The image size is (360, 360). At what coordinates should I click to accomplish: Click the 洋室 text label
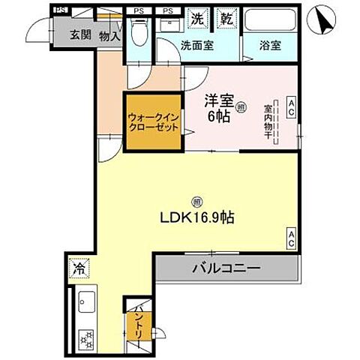(x=217, y=99)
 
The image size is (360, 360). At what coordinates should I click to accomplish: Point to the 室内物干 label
(x=268, y=120)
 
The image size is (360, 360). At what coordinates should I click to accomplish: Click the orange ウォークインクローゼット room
(x=153, y=122)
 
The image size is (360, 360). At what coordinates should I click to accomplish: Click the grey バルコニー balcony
(x=226, y=268)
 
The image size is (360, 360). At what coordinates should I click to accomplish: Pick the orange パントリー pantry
(x=140, y=328)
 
